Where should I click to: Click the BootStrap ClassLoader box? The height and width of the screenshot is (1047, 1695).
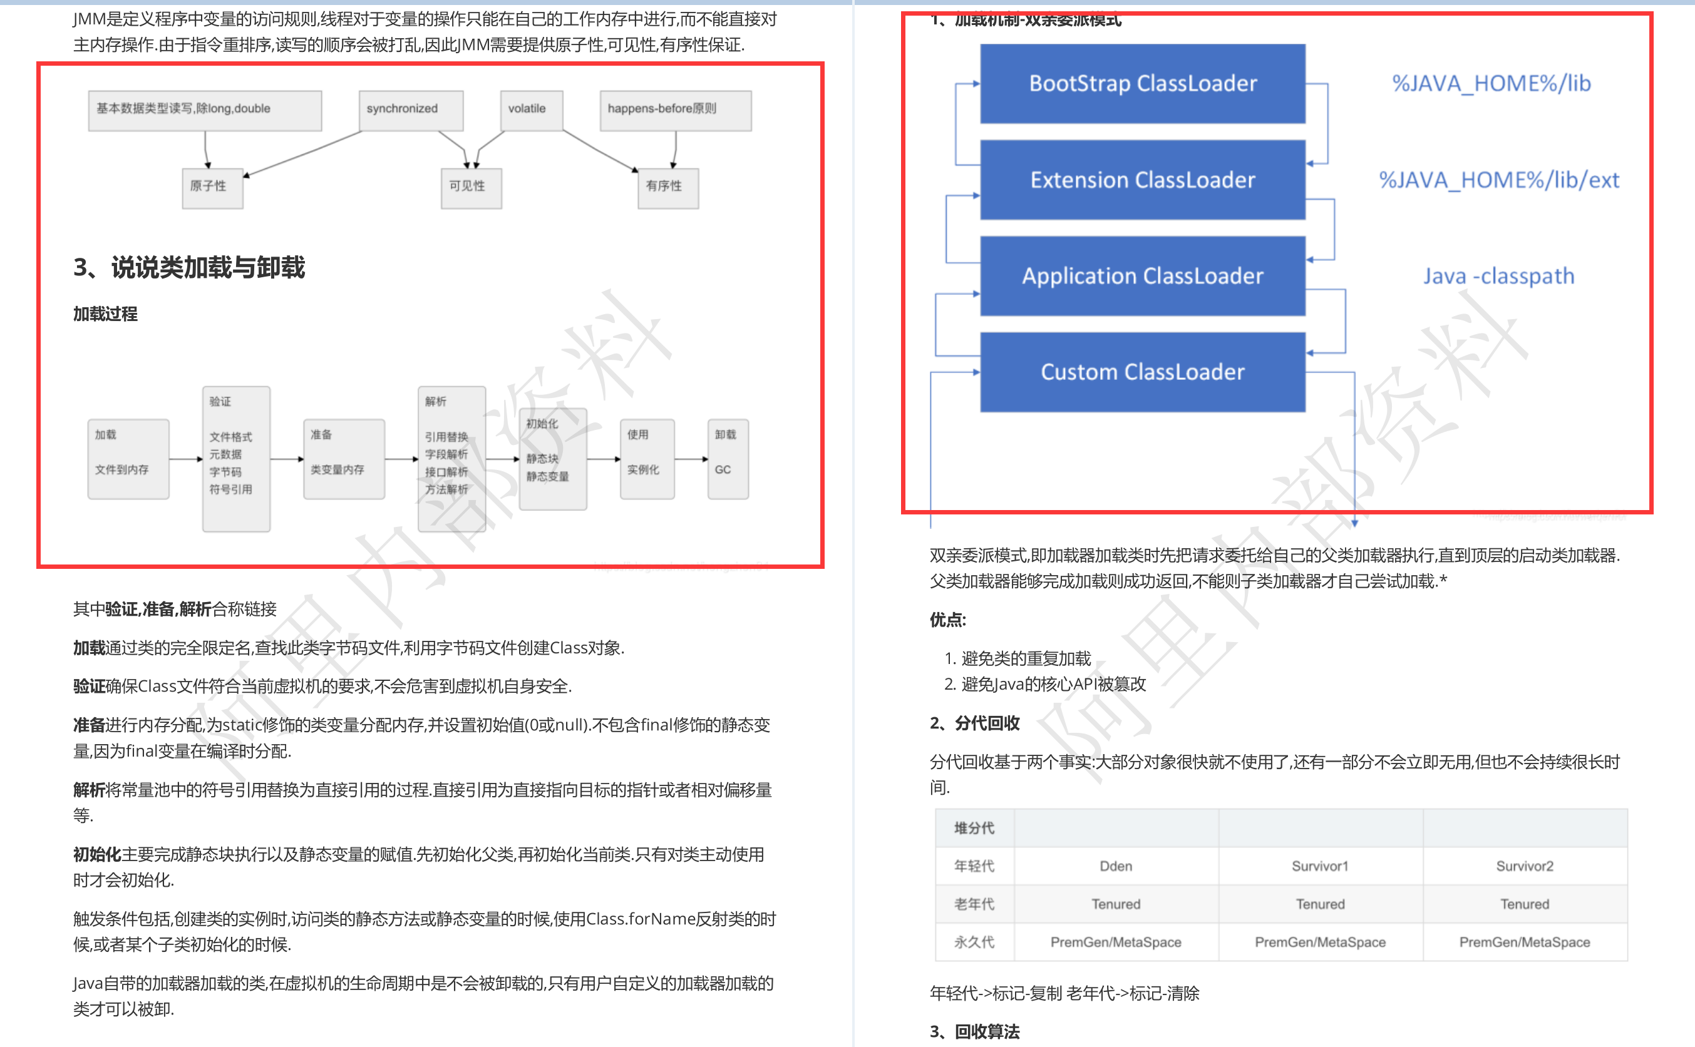pos(1142,84)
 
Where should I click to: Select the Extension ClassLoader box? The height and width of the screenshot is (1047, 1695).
pos(1142,180)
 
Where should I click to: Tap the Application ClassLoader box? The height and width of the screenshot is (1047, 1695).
pos(1142,276)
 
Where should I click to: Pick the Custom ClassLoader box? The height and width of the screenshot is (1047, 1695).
pos(1142,372)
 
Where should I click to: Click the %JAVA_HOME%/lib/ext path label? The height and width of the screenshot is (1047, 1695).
pos(1498,180)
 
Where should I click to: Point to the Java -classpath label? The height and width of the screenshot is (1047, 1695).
pos(1498,276)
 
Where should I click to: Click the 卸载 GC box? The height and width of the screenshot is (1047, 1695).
pos(728,458)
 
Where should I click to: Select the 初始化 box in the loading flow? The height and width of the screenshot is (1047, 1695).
pos(553,458)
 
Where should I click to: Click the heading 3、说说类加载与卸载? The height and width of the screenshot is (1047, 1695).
pos(188,267)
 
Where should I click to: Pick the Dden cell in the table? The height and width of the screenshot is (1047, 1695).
pos(1115,866)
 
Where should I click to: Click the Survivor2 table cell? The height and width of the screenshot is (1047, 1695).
pos(1524,866)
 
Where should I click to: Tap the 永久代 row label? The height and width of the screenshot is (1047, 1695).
pos(974,942)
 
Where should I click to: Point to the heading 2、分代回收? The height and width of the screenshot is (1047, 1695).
pos(974,723)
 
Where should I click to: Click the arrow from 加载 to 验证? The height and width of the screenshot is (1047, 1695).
pos(185,459)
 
